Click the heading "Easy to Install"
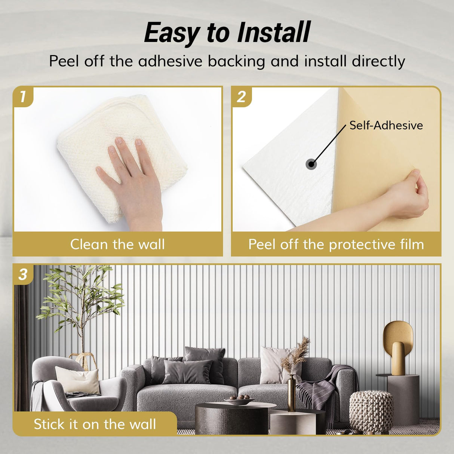227,33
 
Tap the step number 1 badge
23,96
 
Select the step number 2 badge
241,97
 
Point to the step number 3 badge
23,274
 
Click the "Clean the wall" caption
117,244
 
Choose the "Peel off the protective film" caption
336,244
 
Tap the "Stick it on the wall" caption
95,424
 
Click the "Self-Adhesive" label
386,125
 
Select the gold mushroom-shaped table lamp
398,346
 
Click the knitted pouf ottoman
371,411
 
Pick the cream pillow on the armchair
77,380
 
